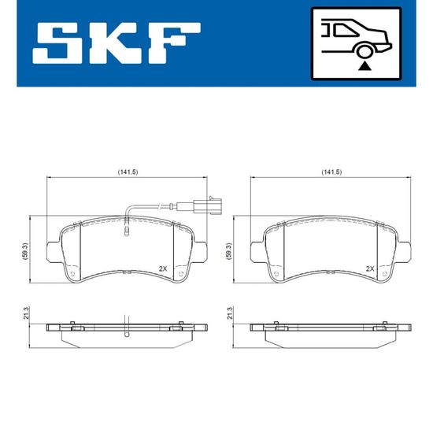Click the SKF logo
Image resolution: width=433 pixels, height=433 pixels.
[x=117, y=43]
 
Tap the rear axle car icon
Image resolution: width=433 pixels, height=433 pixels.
[x=356, y=43]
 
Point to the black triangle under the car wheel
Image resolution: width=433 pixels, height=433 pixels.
[x=365, y=66]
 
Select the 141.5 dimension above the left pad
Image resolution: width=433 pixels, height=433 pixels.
[x=128, y=172]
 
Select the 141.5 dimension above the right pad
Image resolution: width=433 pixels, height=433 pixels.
[x=331, y=172]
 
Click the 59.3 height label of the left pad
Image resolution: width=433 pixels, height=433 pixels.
[x=26, y=252]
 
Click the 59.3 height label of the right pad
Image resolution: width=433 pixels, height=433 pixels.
[x=229, y=252]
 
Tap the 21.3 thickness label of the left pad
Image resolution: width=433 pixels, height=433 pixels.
[x=26, y=313]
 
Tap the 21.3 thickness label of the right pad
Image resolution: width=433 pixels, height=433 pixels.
[x=230, y=313]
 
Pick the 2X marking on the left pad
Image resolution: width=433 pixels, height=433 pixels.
[x=163, y=268]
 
